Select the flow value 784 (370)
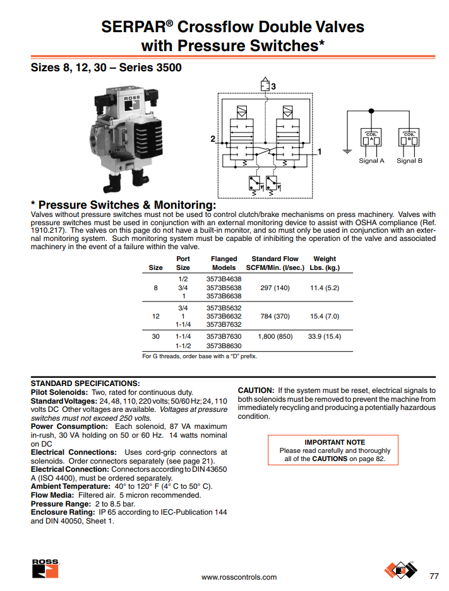pyautogui.click(x=275, y=315)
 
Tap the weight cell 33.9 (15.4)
pyautogui.click(x=324, y=336)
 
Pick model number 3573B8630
pyautogui.click(x=224, y=346)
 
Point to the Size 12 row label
pyautogui.click(x=155, y=315)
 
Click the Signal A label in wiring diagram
pyautogui.click(x=371, y=161)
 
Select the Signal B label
pyautogui.click(x=409, y=161)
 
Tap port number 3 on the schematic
pyautogui.click(x=273, y=86)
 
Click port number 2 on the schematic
pyautogui.click(x=213, y=138)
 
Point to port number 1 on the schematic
pyautogui.click(x=320, y=151)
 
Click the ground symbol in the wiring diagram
pyautogui.click(x=346, y=151)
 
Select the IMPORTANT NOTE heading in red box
pyautogui.click(x=335, y=442)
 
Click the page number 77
pyautogui.click(x=433, y=576)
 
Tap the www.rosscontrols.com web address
pyautogui.click(x=239, y=577)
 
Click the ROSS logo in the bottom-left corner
pyautogui.click(x=45, y=568)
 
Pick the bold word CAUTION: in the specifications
pyautogui.click(x=255, y=390)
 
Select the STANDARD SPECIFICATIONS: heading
pyautogui.click(x=85, y=383)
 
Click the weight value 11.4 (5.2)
pyautogui.click(x=324, y=288)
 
